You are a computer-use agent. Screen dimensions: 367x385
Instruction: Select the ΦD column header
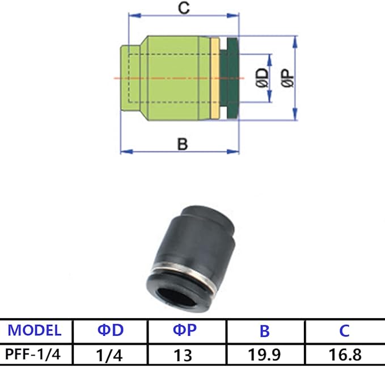pos(111,330)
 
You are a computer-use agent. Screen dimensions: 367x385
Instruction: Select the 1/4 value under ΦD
pos(111,355)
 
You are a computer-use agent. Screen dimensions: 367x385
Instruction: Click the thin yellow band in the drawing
pos(214,78)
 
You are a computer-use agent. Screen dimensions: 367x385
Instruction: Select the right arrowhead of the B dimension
pos(235,151)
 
